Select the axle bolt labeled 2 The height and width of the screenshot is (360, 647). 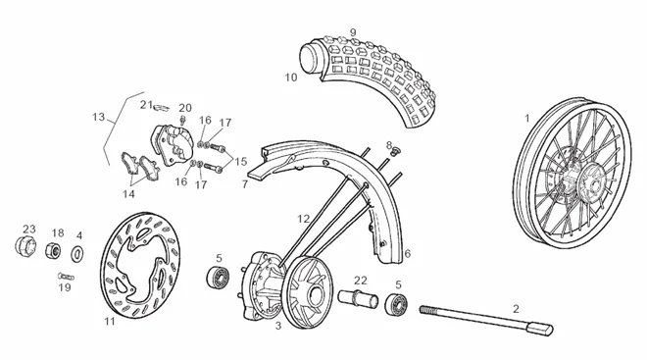[487, 319]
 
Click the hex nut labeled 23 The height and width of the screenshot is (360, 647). [25, 246]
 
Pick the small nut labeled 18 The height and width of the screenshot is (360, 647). [53, 250]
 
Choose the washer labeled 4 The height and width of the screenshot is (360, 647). [77, 253]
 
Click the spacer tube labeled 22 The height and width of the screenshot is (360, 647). [358, 298]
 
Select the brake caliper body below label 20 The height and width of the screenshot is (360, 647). [173, 144]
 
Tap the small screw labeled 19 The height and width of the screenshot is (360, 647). [66, 276]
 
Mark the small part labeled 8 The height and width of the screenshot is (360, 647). [394, 151]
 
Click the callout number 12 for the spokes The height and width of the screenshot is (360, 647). [304, 219]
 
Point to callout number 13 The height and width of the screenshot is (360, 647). [99, 118]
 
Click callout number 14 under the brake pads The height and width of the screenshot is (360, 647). [128, 193]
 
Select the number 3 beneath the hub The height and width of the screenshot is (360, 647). [278, 326]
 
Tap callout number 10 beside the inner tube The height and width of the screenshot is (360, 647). [291, 77]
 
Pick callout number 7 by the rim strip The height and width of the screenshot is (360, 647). [245, 184]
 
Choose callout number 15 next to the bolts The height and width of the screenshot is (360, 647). [240, 162]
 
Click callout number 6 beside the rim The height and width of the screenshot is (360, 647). [408, 253]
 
